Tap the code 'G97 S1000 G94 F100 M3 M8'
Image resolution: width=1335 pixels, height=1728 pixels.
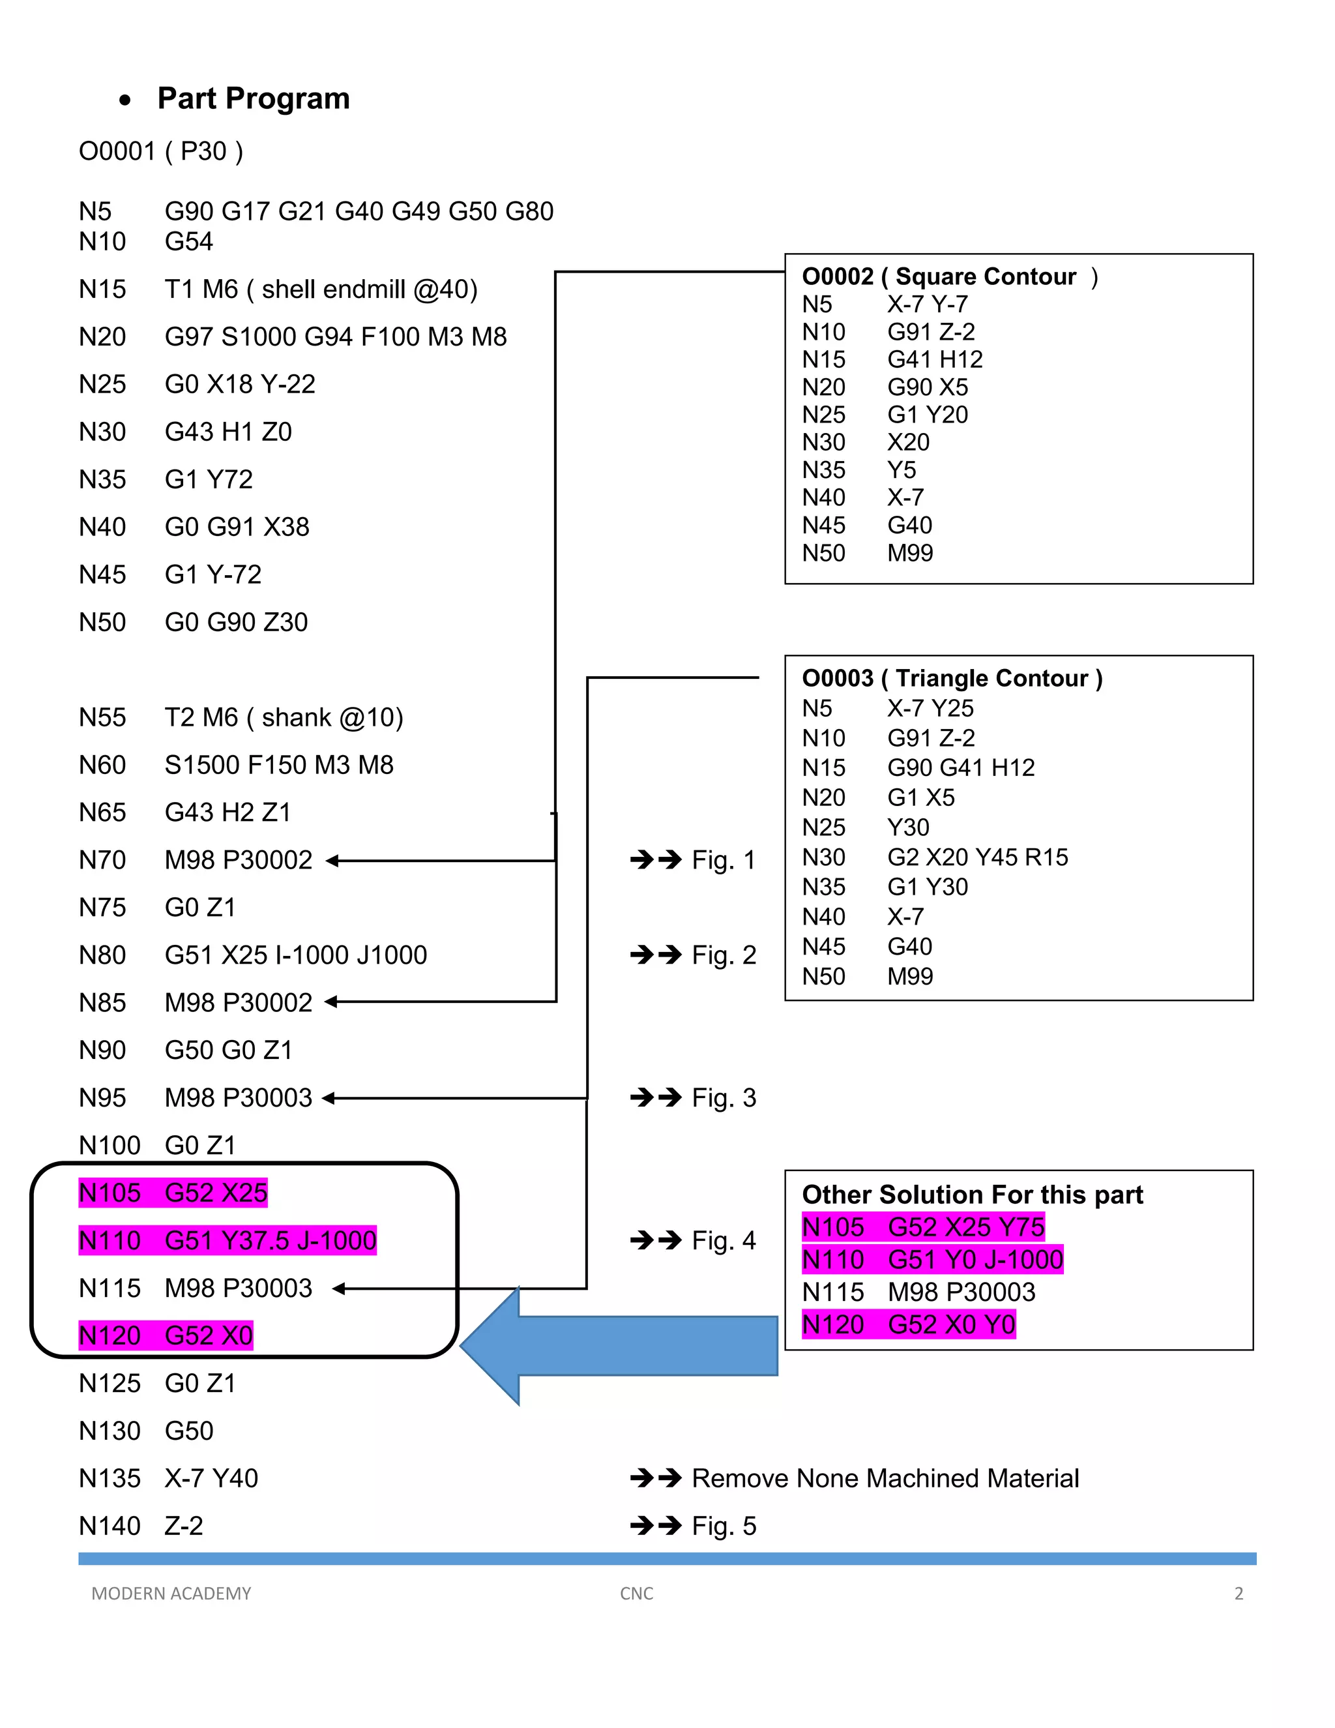(335, 337)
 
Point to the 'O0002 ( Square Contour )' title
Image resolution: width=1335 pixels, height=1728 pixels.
(949, 277)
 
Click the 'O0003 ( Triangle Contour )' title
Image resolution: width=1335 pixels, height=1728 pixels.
(952, 678)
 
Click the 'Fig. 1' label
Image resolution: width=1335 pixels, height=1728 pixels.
(723, 860)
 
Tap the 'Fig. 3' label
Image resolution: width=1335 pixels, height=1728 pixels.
(723, 1098)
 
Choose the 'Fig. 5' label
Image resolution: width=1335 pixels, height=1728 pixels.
(723, 1527)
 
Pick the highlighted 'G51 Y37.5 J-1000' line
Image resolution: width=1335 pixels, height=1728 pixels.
(270, 1241)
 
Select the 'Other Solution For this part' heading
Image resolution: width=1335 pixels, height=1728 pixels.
(972, 1195)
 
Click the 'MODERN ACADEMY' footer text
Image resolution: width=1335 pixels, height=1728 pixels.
(171, 1594)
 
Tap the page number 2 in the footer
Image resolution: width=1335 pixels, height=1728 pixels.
(1239, 1594)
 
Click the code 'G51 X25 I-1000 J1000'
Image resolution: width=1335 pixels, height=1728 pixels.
(295, 956)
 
